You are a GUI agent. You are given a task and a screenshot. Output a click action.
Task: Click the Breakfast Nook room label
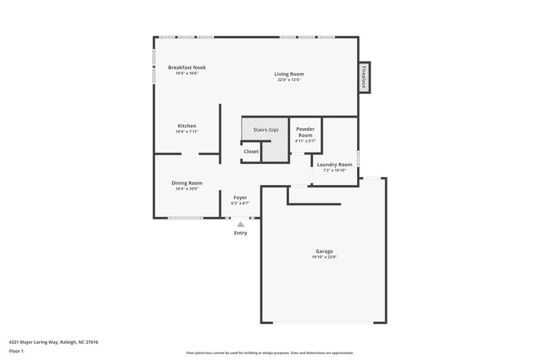[187, 68]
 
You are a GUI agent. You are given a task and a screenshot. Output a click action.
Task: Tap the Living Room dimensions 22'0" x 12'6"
[289, 80]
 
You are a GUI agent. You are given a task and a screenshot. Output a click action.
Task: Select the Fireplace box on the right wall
[364, 76]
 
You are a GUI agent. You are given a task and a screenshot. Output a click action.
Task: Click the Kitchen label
[187, 126]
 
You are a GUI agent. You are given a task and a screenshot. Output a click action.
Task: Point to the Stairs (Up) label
[265, 130]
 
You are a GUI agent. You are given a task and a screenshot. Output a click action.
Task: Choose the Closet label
[251, 151]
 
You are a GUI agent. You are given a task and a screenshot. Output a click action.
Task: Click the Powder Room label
[305, 132]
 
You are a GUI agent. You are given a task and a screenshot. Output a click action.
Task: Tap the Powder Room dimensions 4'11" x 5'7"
[305, 141]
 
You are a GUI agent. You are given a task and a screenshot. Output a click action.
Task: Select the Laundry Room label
[335, 164]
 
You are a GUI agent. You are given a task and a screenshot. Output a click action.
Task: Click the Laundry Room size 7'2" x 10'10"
[335, 170]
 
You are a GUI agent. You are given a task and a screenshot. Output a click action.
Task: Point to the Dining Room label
[187, 182]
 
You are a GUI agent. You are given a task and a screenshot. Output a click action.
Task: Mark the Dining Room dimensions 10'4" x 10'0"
[187, 189]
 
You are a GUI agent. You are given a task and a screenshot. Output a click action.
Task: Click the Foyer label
[240, 197]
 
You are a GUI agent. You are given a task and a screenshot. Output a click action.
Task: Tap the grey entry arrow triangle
[240, 224]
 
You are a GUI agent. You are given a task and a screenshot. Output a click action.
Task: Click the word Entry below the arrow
[240, 233]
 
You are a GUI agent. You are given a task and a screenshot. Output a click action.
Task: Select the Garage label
[324, 251]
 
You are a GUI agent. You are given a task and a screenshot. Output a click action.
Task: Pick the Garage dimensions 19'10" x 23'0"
[324, 257]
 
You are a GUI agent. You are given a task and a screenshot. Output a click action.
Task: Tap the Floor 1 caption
[17, 351]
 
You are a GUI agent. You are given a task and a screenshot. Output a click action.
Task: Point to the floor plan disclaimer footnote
[270, 353]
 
